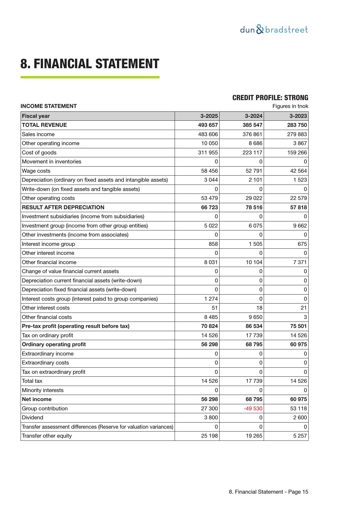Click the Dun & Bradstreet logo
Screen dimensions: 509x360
click(x=274, y=30)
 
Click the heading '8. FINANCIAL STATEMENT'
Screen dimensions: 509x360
click(x=90, y=64)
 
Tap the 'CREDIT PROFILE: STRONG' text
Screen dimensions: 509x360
click(x=270, y=98)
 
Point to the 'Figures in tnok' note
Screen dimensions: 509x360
click(x=290, y=106)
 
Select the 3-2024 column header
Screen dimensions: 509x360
click(x=254, y=116)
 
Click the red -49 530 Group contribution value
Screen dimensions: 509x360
click(x=253, y=408)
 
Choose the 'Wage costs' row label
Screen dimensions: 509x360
click(x=36, y=171)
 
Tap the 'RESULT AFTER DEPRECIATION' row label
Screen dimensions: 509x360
click(x=63, y=207)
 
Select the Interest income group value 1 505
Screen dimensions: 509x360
click(x=255, y=244)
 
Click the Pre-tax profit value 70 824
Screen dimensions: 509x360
click(x=209, y=326)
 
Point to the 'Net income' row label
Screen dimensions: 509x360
click(x=37, y=399)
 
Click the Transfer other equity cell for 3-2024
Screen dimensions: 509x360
click(x=254, y=436)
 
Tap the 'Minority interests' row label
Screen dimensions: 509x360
click(x=43, y=390)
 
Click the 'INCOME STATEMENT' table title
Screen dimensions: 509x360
click(x=48, y=106)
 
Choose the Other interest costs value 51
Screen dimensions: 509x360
click(x=214, y=308)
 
